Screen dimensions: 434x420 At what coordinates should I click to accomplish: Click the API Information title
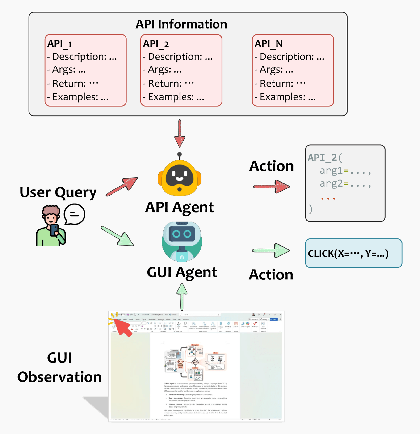[x=181, y=24]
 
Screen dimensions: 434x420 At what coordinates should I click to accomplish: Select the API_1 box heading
[x=59, y=44]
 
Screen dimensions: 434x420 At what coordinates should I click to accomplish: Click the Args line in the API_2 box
[x=162, y=70]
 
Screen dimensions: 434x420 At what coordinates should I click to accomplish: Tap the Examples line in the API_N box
[x=285, y=97]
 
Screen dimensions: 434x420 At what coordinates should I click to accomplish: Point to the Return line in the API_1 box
[x=72, y=83]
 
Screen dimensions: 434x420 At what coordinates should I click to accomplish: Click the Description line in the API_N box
[x=289, y=57]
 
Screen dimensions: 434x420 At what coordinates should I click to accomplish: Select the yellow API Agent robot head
[x=180, y=177]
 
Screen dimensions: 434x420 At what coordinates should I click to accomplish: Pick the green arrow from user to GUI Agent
[x=118, y=236]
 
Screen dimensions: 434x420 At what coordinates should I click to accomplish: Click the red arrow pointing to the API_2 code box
[x=271, y=186]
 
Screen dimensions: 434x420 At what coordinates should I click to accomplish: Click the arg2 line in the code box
[x=345, y=184]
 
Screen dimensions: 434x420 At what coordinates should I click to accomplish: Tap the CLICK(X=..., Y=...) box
[x=353, y=253]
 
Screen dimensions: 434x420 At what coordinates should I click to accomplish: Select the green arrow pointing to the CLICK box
[x=271, y=250]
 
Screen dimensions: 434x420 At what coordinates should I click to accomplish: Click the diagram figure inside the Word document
[x=195, y=362]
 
